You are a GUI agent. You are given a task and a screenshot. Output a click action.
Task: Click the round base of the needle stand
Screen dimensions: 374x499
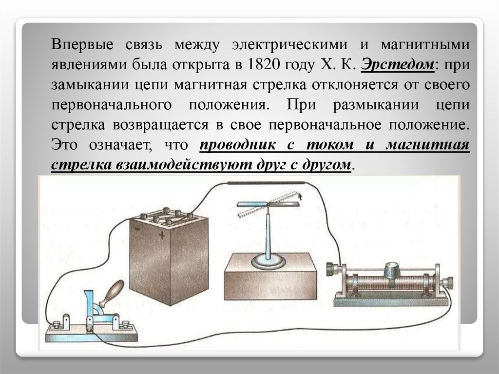[x=268, y=262]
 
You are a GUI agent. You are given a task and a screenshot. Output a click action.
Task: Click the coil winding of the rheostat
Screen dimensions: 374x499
[x=370, y=283]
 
